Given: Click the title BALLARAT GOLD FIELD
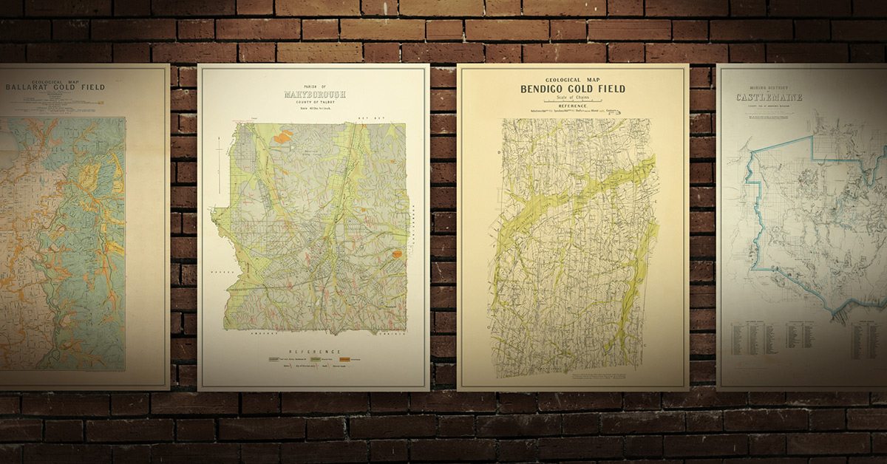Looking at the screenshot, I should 55,87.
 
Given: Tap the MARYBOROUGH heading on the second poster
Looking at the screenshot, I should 315,95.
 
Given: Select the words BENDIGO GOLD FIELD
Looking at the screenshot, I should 573,89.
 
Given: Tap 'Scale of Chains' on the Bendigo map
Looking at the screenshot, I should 573,98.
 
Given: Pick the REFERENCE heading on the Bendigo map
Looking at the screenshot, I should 573,106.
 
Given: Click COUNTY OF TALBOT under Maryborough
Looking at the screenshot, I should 316,102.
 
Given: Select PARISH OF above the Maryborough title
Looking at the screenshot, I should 315,86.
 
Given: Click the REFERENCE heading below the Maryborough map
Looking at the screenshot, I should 314,352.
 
